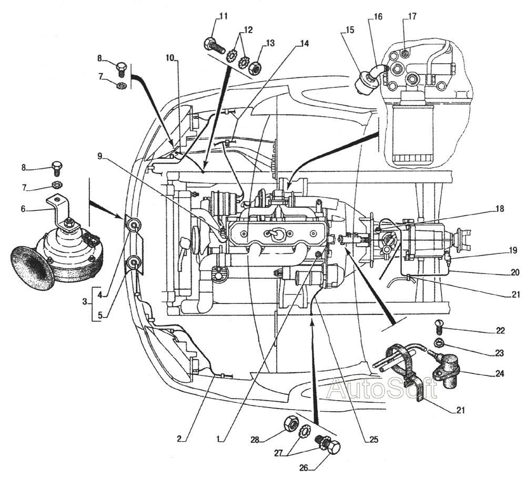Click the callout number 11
(224, 16)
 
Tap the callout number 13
(270, 43)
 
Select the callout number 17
(411, 16)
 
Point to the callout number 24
(499, 374)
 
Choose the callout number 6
(23, 209)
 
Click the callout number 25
(373, 438)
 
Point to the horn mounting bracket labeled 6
(59, 208)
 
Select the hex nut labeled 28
(289, 423)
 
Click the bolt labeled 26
(328, 446)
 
